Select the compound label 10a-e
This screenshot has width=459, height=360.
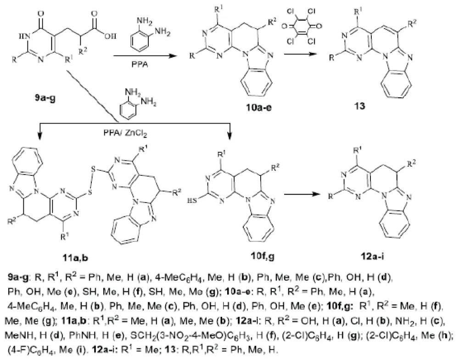click(258, 107)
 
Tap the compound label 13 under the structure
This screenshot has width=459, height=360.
click(360, 106)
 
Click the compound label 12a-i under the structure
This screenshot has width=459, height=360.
click(372, 257)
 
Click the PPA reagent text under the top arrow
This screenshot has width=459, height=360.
click(140, 64)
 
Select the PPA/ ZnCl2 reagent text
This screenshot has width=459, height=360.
click(125, 133)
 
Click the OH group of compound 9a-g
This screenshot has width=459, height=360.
click(111, 36)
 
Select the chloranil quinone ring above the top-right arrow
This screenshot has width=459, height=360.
click(302, 26)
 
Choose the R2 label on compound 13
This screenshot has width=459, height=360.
click(412, 23)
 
